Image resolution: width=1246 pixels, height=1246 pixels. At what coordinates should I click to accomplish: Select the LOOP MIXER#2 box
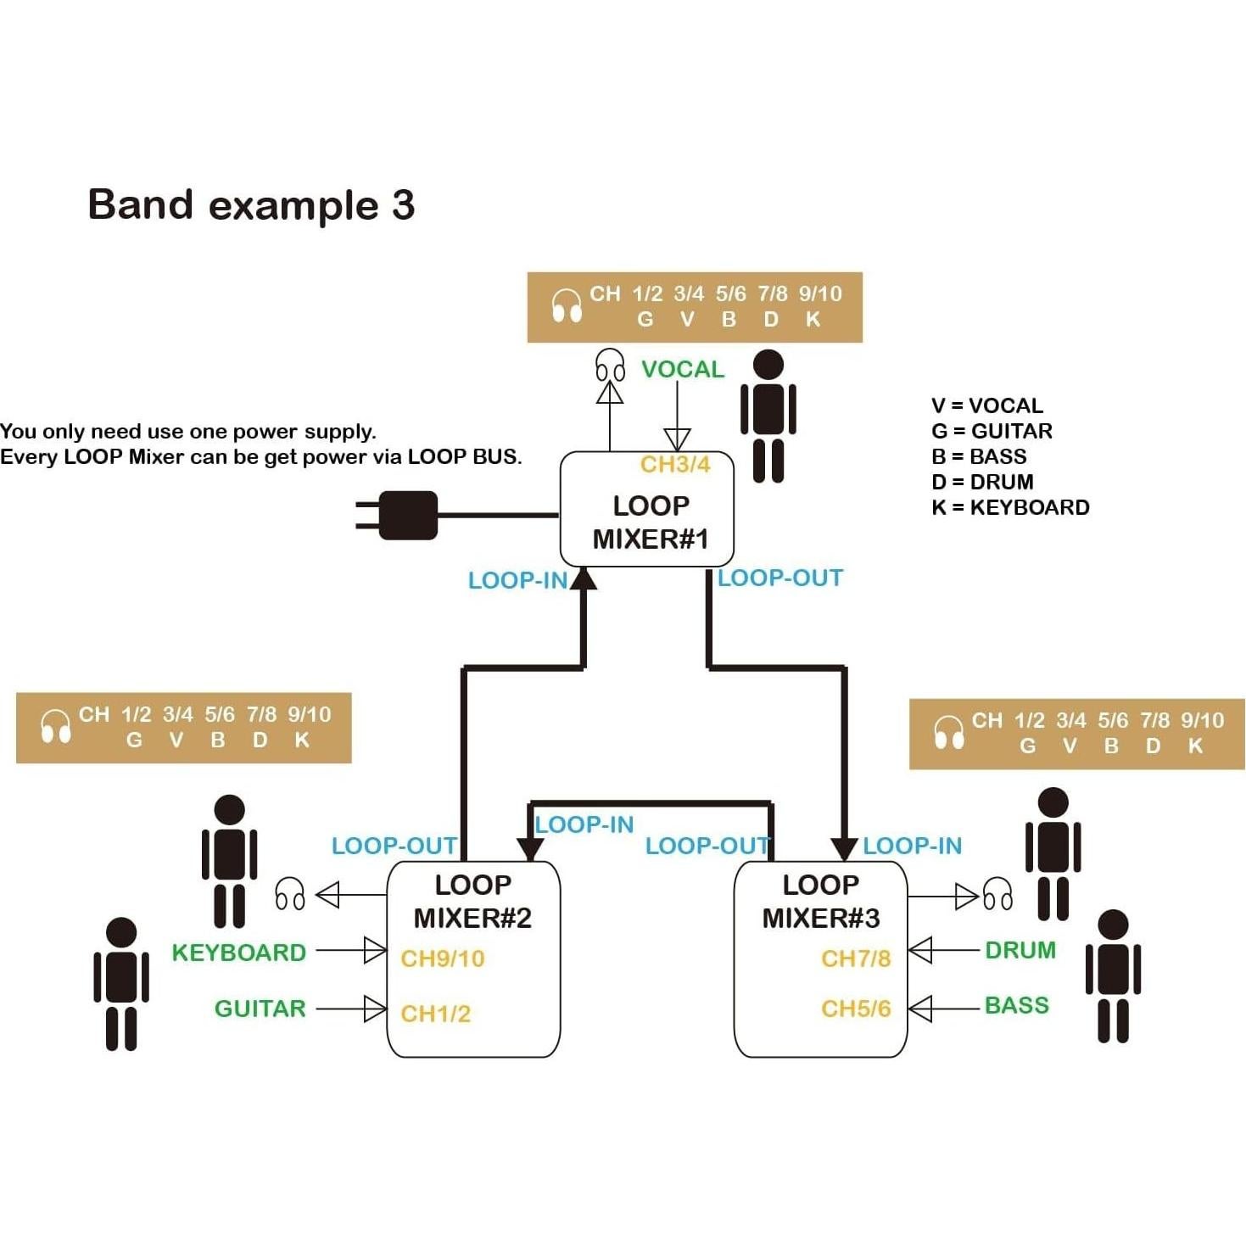pos(472,959)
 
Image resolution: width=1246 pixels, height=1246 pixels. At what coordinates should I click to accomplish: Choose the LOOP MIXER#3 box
pos(820,959)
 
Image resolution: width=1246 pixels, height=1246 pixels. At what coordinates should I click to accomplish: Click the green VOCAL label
pos(683,370)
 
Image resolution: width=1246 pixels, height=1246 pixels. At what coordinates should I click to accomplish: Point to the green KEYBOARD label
pos(238,953)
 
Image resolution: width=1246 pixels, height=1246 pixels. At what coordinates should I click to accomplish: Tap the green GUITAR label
pos(260,1009)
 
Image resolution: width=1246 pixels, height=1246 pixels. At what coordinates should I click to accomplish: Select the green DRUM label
pos(1020,950)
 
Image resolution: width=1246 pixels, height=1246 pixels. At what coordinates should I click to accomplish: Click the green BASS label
pos(1017,1006)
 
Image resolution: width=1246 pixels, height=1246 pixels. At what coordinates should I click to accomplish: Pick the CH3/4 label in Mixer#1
pos(675,465)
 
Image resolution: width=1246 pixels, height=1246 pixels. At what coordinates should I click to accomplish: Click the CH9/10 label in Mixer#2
pos(443,958)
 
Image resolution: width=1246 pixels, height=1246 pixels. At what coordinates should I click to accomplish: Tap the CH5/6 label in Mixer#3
pos(856,1009)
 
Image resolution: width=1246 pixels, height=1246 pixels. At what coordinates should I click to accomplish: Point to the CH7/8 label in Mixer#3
pos(856,958)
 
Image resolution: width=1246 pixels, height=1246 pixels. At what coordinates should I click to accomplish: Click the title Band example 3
pos(251,205)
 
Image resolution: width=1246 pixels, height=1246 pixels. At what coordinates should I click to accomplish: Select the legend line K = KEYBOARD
pos(1010,507)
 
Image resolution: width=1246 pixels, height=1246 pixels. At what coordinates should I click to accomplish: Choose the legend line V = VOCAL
pos(987,405)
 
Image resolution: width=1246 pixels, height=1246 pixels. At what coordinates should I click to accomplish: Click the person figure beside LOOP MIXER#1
pos(768,416)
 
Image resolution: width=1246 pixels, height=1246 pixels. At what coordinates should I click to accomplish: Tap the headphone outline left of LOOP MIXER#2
pos(290,894)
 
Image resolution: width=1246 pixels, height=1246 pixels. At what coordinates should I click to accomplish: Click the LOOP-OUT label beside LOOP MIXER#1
pos(780,578)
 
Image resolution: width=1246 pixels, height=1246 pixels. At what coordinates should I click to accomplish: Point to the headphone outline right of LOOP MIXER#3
pos(997,894)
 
